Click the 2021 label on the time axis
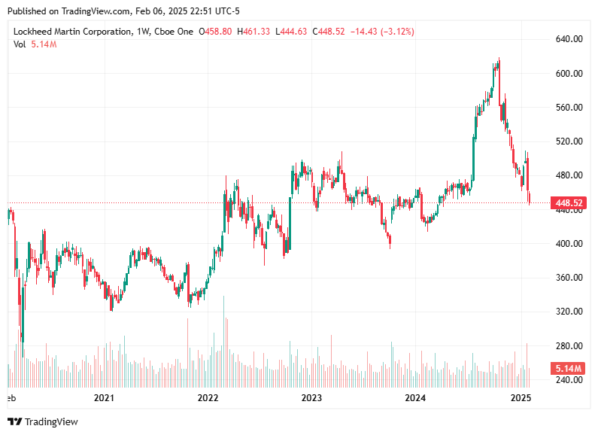click(104, 397)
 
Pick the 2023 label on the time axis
click(311, 397)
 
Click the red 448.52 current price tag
click(569, 203)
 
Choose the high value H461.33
click(255, 32)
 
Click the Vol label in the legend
click(20, 44)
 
